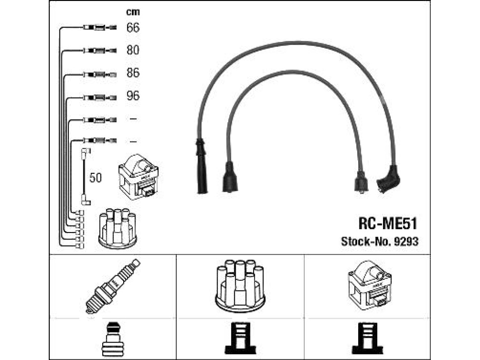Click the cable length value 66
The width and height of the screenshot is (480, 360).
tap(133, 28)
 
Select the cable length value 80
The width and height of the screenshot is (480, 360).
tap(133, 50)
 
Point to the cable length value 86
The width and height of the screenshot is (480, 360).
tap(133, 73)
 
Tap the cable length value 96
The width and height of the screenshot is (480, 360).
tap(133, 96)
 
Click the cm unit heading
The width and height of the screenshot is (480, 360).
tap(133, 12)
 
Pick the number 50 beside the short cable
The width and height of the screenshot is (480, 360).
tap(96, 178)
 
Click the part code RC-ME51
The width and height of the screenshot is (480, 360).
tap(388, 224)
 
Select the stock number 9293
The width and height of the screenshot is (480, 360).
tap(406, 241)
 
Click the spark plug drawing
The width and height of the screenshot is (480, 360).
tap(112, 286)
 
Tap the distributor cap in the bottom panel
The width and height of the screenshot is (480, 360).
tap(240, 286)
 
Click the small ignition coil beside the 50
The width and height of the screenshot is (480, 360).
tap(138, 177)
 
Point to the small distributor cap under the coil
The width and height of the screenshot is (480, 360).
tap(118, 228)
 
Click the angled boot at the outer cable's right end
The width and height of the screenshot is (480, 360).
tap(388, 180)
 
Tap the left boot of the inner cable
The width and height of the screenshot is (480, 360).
tap(230, 177)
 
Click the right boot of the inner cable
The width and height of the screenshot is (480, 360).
tap(361, 182)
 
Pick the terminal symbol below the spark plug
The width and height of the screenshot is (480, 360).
tap(113, 339)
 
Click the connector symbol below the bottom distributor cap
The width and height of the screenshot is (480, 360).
tap(240, 338)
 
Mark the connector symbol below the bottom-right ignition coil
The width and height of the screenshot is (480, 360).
tap(367, 338)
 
